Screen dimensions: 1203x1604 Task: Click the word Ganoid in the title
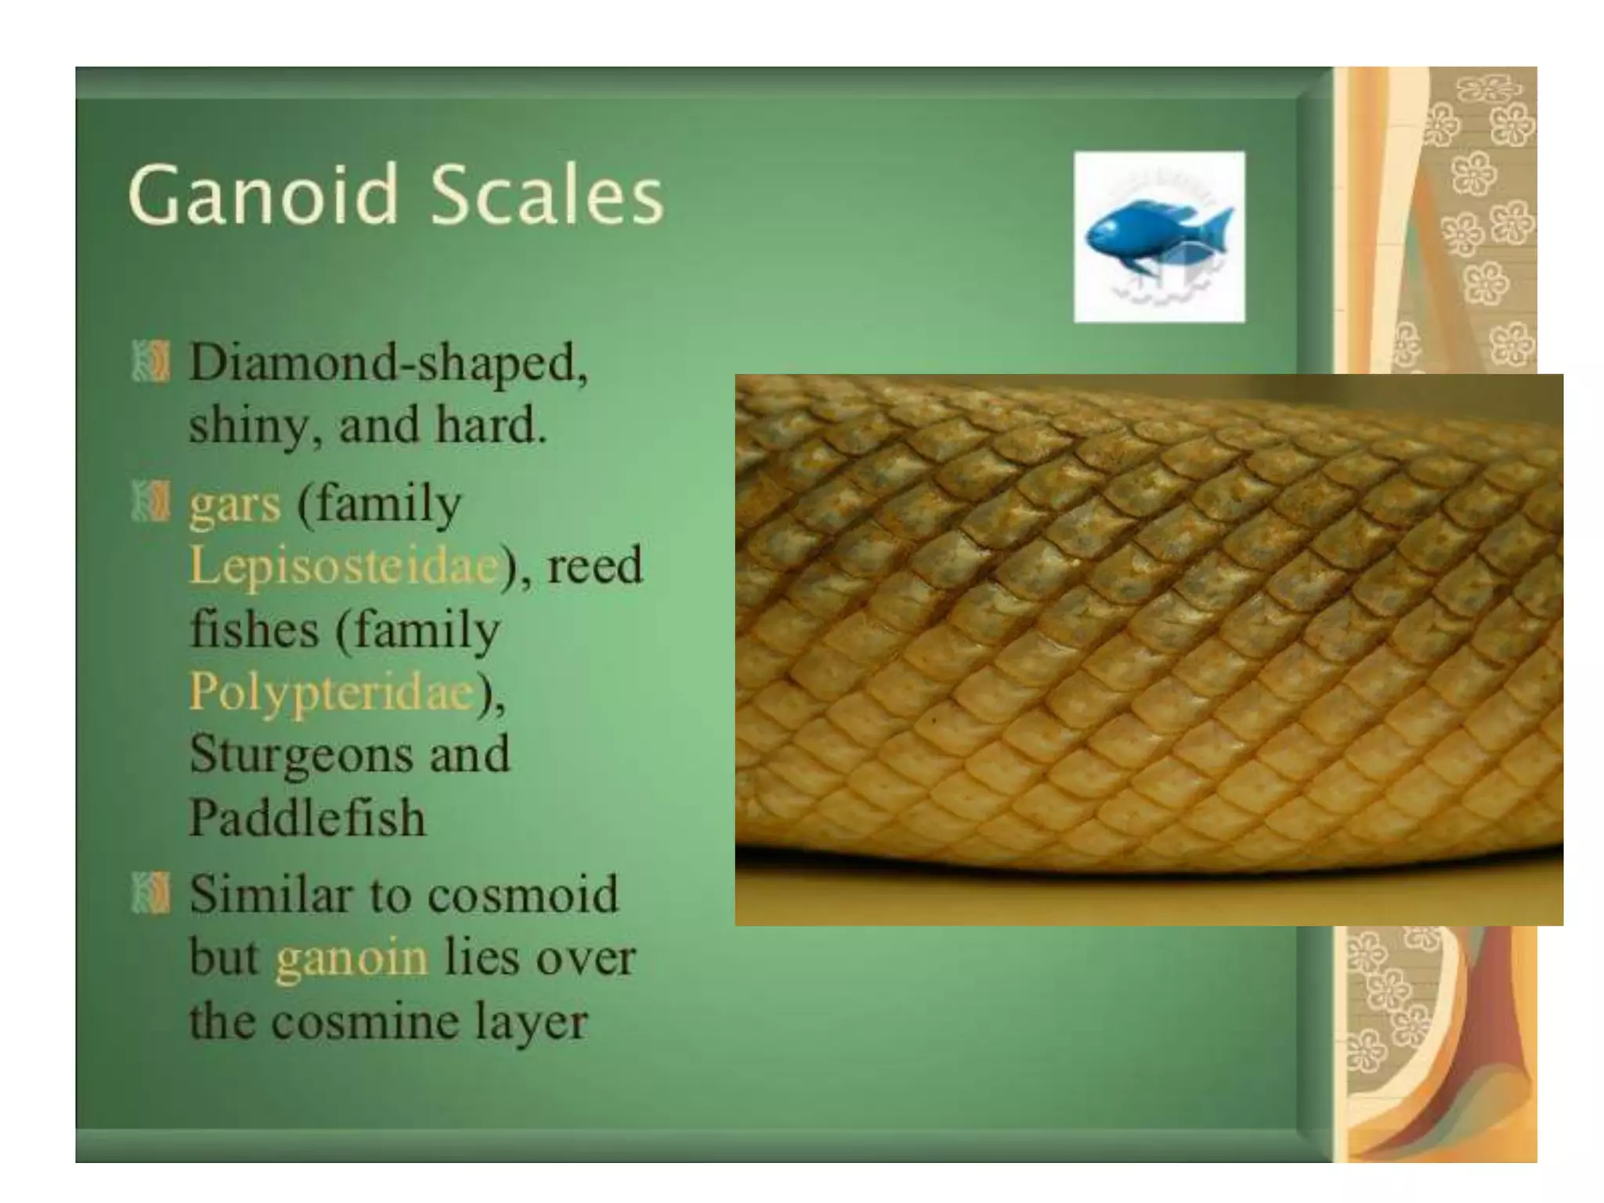263,194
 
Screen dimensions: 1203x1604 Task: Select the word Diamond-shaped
388,365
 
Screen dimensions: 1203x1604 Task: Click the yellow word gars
234,504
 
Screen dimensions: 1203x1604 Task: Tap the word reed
595,565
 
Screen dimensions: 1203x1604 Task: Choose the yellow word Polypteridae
332,692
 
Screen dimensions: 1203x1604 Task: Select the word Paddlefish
307,818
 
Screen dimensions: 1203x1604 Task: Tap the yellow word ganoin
352,959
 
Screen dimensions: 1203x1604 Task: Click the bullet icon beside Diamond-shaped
150,362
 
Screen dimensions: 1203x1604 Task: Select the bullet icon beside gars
150,503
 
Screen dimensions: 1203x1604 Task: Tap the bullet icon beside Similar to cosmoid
150,893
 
